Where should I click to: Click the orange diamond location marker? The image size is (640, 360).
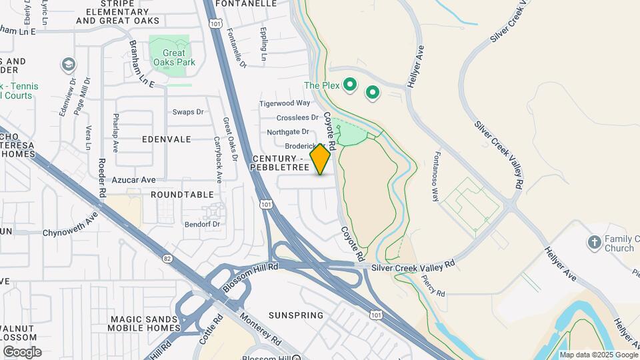321,159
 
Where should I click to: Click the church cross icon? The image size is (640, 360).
594,242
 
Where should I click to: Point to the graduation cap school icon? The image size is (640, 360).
68,65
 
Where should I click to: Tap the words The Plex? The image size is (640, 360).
321,85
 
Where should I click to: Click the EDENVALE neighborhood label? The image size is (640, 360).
166,139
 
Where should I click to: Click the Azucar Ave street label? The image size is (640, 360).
133,180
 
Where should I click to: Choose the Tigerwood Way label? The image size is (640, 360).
285,103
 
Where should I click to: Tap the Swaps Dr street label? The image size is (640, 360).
187,112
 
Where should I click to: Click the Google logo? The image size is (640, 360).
22,352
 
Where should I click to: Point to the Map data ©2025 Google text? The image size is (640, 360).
598,355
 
